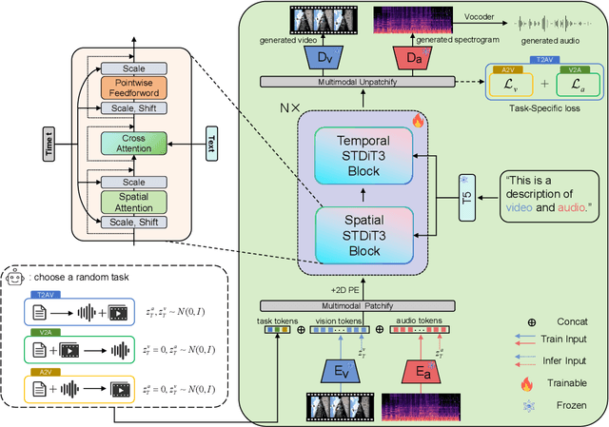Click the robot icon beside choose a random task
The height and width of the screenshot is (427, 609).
13,279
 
